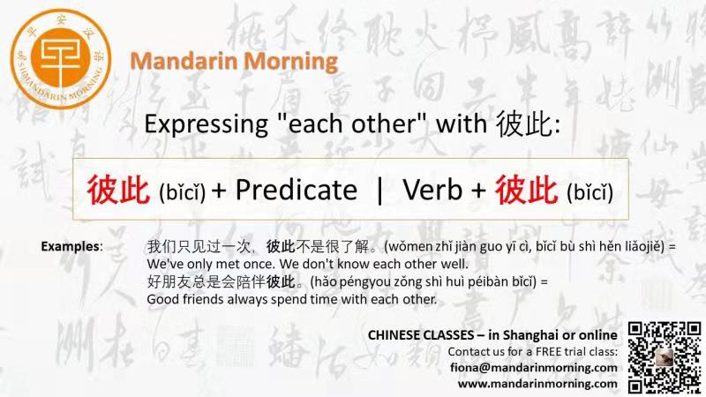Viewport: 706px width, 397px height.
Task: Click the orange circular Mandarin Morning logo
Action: pyautogui.click(x=61, y=59)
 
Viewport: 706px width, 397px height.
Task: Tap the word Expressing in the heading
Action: pyautogui.click(x=207, y=124)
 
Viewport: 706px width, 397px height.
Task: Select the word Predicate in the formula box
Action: pyautogui.click(x=297, y=190)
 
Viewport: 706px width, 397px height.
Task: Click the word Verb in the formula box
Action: pyautogui.click(x=432, y=190)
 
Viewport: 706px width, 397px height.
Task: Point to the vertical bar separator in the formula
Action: pyautogui.click(x=379, y=190)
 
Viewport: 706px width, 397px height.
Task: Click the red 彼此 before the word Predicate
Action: pyautogui.click(x=118, y=190)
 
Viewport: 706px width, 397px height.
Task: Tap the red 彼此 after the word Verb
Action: pyautogui.click(x=526, y=190)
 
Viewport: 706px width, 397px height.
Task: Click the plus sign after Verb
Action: pyautogui.click(x=478, y=191)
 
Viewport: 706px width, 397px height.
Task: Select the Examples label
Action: pyautogui.click(x=71, y=246)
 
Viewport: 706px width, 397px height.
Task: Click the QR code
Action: pyautogui.click(x=665, y=357)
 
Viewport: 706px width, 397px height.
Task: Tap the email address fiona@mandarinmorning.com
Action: pyautogui.click(x=534, y=368)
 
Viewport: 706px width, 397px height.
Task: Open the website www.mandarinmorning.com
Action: pyautogui.click(x=537, y=384)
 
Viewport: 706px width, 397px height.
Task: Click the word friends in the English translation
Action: pyautogui.click(x=203, y=299)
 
